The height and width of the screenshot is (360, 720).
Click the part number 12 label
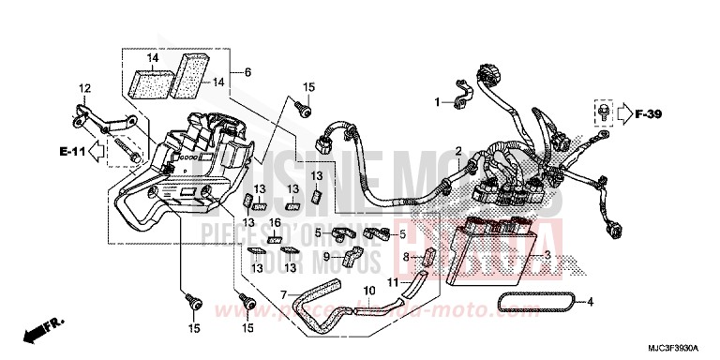83,88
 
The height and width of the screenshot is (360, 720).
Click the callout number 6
248,72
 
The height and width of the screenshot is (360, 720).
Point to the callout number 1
437,101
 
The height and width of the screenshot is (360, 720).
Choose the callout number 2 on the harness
459,151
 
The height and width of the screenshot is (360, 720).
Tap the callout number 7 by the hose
282,294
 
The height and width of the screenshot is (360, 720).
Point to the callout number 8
407,255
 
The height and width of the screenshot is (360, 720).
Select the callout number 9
328,256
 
